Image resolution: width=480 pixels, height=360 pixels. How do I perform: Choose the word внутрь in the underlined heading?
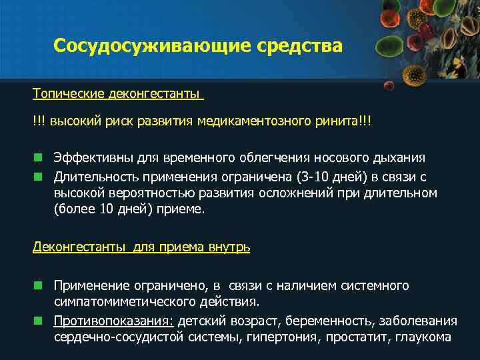point(229,247)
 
